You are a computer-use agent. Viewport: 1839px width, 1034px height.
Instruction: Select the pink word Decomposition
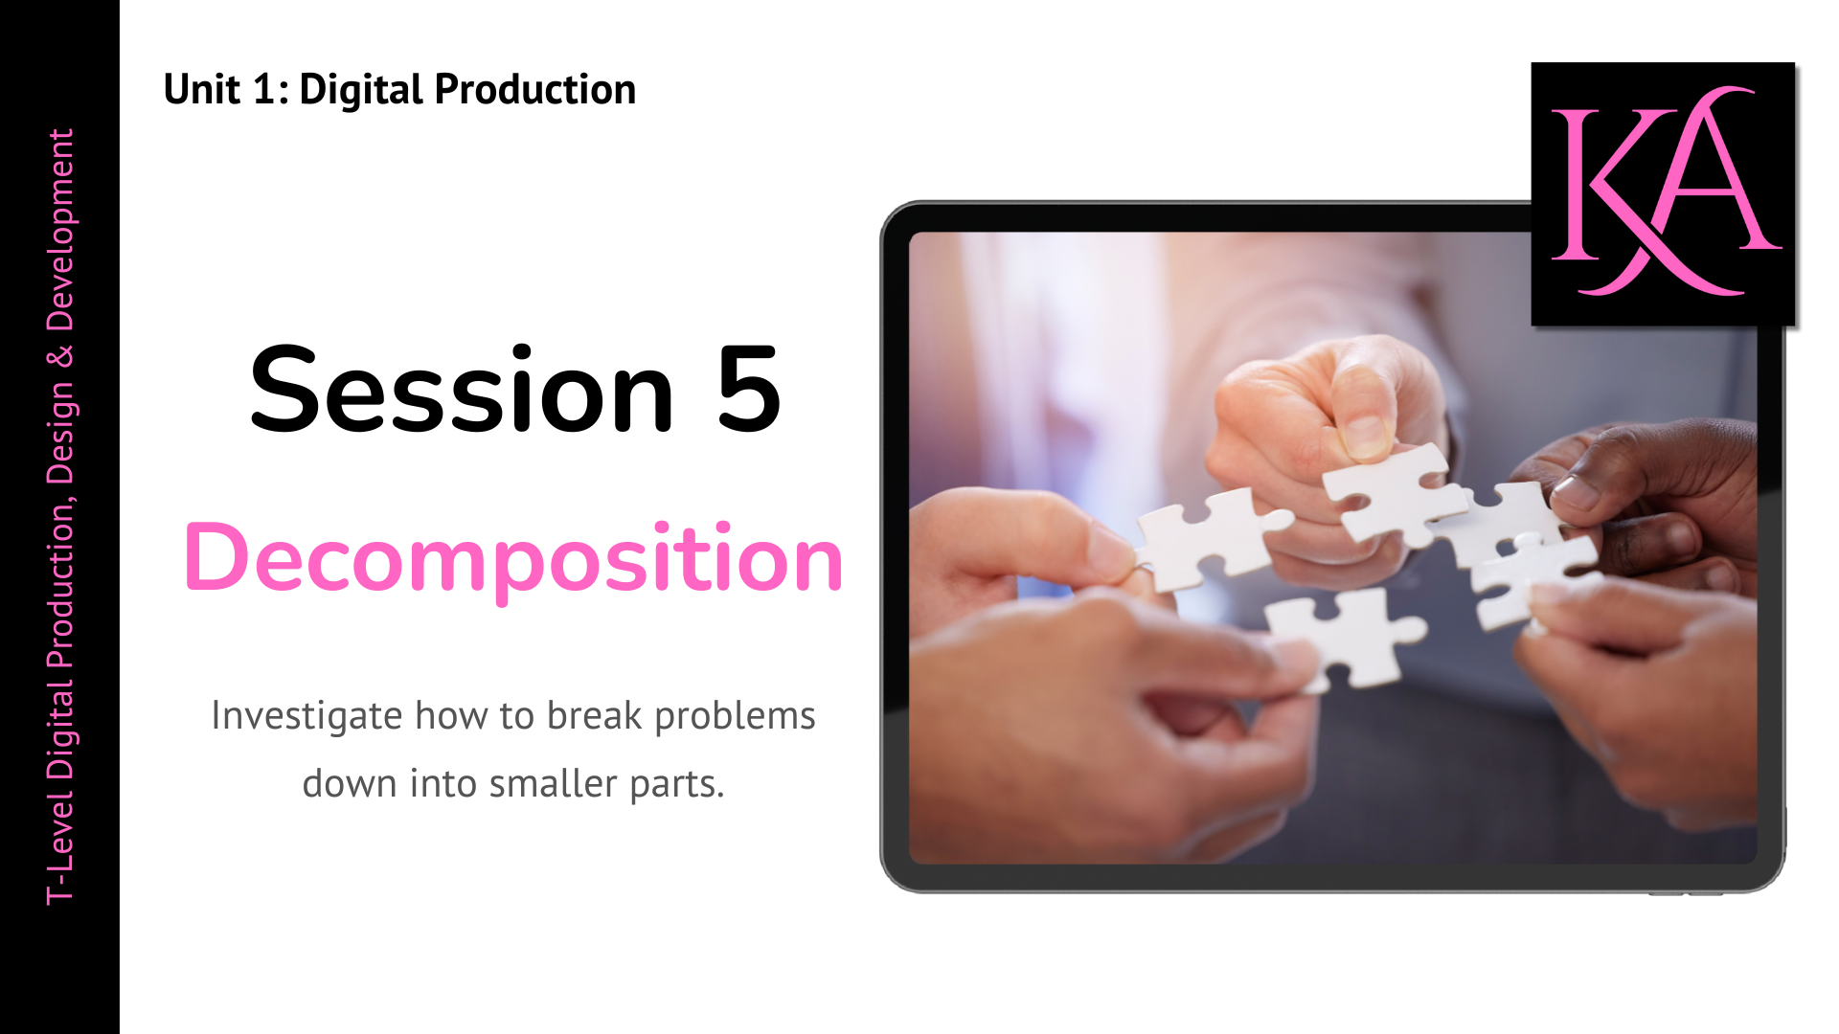point(513,558)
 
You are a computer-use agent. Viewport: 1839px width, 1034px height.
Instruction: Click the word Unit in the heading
point(201,90)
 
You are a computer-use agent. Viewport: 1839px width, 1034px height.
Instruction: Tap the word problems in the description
point(735,716)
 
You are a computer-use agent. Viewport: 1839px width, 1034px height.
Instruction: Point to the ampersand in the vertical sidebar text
point(60,357)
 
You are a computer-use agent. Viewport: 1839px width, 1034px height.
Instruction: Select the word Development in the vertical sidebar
point(60,230)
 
